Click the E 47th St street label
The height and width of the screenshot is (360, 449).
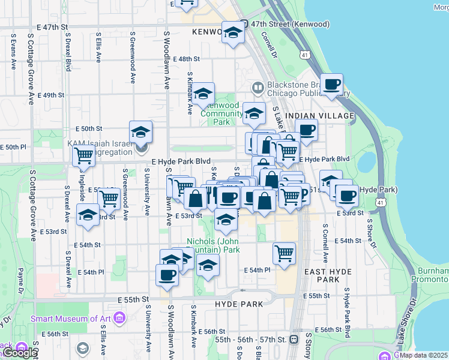53,28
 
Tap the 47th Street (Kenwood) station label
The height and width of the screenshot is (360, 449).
291,24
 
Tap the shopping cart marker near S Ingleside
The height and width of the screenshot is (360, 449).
83,155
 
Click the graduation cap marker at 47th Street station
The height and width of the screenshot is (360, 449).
232,32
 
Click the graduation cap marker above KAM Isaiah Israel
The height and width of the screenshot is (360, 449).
140,131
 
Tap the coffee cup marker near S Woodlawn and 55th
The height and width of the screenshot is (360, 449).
166,275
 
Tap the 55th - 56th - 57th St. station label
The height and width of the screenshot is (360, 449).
249,339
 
